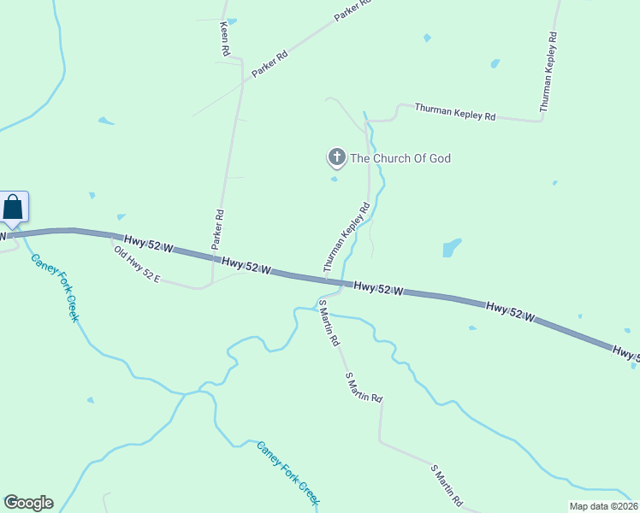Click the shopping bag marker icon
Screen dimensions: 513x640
tap(14, 208)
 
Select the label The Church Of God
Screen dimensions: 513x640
tap(400, 158)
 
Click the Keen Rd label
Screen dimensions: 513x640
tap(225, 39)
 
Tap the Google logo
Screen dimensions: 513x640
tap(28, 503)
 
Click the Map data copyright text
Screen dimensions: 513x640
tap(603, 506)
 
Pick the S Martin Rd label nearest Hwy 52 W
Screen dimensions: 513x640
tap(328, 322)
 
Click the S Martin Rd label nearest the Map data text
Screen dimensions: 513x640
tap(447, 485)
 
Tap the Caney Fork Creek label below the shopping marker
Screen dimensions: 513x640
tap(55, 286)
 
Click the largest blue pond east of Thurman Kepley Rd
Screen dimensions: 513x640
tap(451, 248)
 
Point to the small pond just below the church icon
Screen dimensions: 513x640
tap(335, 179)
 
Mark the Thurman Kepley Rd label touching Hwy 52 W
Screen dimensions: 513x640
tap(347, 237)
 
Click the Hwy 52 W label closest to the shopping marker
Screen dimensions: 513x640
tap(148, 244)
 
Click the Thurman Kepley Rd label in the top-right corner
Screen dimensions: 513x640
tap(548, 72)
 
